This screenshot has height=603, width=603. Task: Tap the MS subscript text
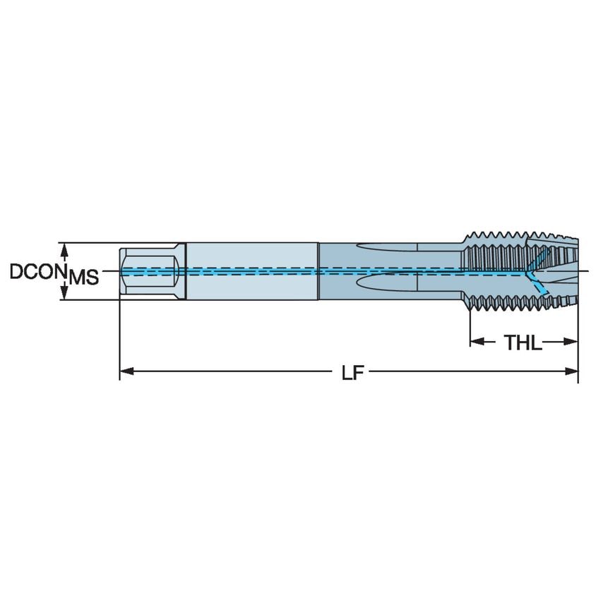83,277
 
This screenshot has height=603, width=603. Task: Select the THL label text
523,343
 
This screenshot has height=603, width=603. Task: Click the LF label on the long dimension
351,372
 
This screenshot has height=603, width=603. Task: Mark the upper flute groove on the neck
388,250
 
